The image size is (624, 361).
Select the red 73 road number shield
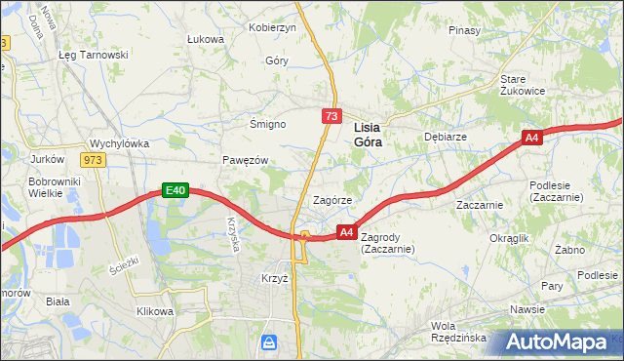(x=332, y=116)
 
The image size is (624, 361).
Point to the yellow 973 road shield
(x=93, y=160)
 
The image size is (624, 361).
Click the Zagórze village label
(x=331, y=200)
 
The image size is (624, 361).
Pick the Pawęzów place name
(x=245, y=160)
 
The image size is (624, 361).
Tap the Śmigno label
(x=267, y=125)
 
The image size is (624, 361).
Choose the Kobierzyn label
(x=272, y=28)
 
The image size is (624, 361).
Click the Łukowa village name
(x=206, y=39)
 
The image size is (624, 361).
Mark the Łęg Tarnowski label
(x=94, y=55)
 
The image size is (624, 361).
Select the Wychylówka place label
(x=119, y=143)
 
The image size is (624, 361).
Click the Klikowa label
(x=155, y=311)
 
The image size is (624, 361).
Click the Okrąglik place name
(x=509, y=238)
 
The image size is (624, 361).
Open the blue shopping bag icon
(x=270, y=342)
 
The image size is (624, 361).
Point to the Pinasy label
(x=464, y=30)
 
